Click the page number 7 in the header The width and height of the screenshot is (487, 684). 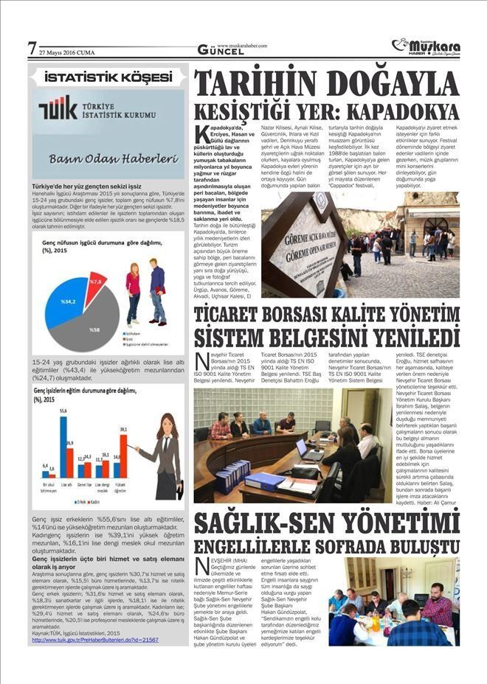click(x=32, y=49)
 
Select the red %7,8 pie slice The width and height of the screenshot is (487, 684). click(x=95, y=281)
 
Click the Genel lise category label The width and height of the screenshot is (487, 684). click(x=84, y=487)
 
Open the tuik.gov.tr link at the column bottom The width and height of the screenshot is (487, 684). click(x=95, y=640)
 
